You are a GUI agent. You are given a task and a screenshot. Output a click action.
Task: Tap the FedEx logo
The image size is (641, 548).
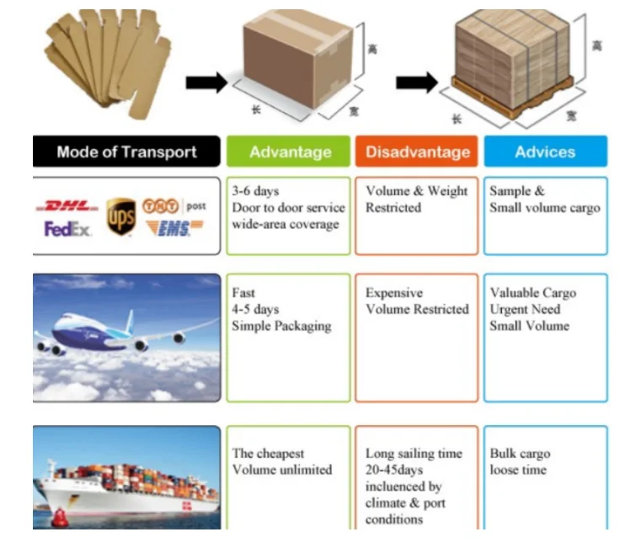coord(67,228)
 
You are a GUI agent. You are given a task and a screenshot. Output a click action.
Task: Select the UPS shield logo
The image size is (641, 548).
coord(121,216)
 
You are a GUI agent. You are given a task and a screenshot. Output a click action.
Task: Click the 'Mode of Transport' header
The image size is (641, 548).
coord(126,152)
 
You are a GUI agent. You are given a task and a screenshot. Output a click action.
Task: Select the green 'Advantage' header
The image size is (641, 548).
coord(290,152)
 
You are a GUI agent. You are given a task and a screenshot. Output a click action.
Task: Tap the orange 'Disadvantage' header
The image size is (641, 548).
coord(417,152)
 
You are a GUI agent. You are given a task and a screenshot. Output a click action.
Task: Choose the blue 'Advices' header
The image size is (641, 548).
coord(545,152)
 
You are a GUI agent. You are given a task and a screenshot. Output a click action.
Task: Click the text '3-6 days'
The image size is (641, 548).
coord(255,191)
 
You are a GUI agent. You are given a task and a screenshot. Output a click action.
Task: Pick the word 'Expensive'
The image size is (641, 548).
coord(394,293)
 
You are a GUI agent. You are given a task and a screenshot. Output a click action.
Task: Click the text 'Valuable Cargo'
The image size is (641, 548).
coord(533,293)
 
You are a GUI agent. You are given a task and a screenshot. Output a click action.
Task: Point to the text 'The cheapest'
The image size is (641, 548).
coord(268,453)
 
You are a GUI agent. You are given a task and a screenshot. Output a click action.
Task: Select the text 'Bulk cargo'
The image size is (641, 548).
coord(520,453)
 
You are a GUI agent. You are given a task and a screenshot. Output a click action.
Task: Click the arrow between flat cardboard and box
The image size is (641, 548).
coord(206,82)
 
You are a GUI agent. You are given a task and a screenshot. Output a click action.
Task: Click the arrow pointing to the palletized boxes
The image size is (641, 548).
coord(417,82)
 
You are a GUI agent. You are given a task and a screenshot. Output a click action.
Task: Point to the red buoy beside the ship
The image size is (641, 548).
coord(60,516)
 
